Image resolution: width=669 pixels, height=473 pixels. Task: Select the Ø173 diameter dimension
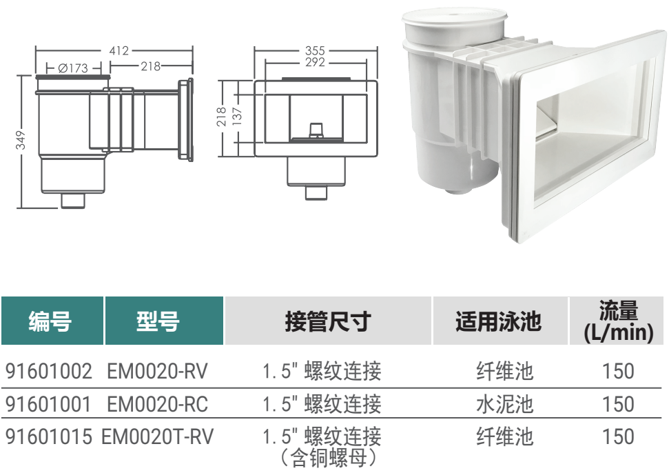point(74,68)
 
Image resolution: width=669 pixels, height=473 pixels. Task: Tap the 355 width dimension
point(316,50)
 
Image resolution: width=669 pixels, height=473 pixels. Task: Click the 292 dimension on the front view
point(316,62)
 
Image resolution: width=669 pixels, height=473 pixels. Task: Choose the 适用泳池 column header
point(497,321)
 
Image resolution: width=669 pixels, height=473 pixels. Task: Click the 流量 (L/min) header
point(617,321)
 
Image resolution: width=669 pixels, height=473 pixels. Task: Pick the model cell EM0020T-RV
point(158,436)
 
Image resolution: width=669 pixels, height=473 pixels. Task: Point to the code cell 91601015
point(48,436)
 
